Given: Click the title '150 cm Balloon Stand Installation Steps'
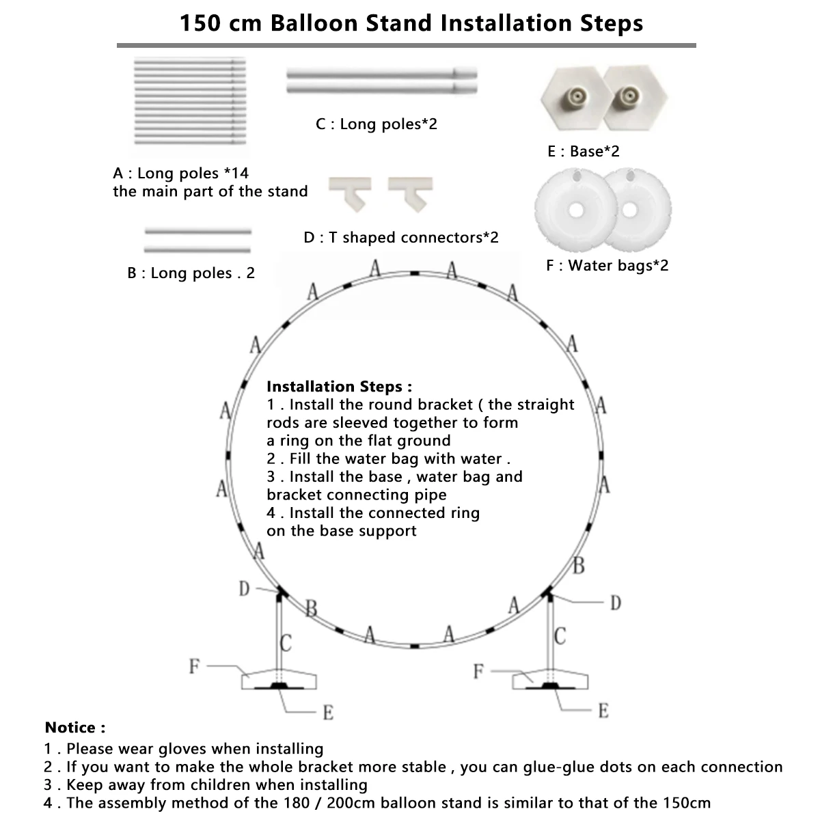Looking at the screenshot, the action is pyautogui.click(x=411, y=23).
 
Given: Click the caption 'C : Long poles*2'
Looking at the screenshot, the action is pyautogui.click(x=376, y=124).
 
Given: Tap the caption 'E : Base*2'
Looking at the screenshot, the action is pyautogui.click(x=583, y=151).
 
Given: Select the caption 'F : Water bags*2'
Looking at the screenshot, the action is pyautogui.click(x=607, y=265).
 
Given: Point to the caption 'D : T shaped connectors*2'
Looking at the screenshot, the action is pyautogui.click(x=401, y=237).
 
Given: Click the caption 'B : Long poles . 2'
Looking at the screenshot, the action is pyautogui.click(x=191, y=273).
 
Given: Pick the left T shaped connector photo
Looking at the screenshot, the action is pyautogui.click(x=351, y=192).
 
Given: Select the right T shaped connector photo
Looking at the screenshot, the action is pyautogui.click(x=410, y=192).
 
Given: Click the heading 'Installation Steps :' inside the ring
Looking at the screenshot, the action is pyautogui.click(x=339, y=387).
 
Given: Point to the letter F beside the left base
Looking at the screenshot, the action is pyautogui.click(x=195, y=665).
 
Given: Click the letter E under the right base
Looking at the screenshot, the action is pyautogui.click(x=603, y=711).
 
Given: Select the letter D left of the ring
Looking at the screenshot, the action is pyautogui.click(x=244, y=588).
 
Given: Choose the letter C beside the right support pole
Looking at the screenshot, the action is pyautogui.click(x=560, y=637).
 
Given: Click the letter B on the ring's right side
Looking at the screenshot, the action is pyautogui.click(x=579, y=566).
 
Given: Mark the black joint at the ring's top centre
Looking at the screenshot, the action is pyautogui.click(x=415, y=273).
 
